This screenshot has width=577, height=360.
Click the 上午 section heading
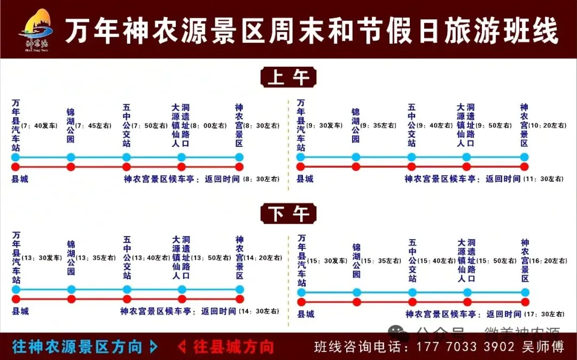coord(288,77)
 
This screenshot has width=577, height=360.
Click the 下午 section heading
coord(288,214)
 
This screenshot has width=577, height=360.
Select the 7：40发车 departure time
coord(39,126)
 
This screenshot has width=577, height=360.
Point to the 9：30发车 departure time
coord(324,126)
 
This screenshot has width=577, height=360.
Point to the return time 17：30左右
coord(543,315)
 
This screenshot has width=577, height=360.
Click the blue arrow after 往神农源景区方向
coord(154,347)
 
